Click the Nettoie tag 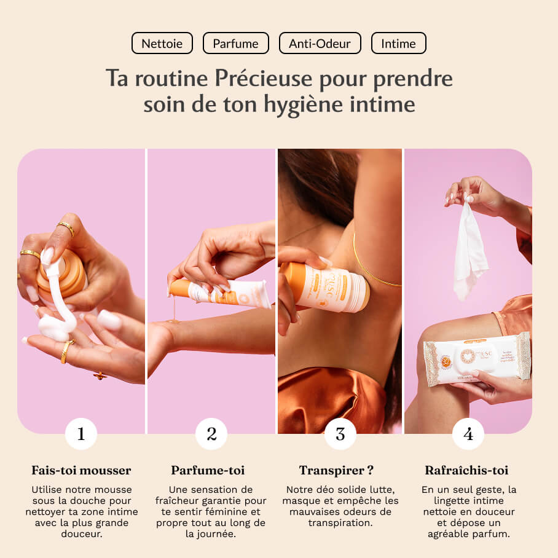click(162, 44)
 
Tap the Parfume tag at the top click(235, 44)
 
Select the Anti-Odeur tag click(320, 44)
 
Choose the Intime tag click(398, 44)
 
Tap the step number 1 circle click(81, 434)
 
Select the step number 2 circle click(211, 434)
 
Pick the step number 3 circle click(340, 434)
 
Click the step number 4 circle click(468, 434)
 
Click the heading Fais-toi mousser click(81, 471)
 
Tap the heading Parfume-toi click(208, 471)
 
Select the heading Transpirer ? click(337, 471)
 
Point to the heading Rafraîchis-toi click(466, 471)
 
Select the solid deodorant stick click(326, 286)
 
